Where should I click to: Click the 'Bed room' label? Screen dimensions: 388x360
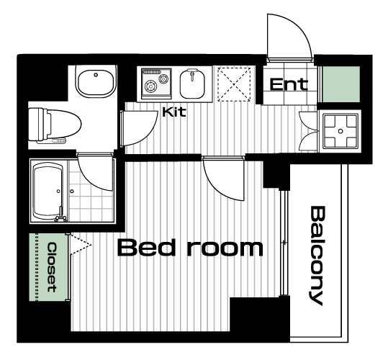[x=190, y=248]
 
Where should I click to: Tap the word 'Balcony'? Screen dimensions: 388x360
[x=317, y=256]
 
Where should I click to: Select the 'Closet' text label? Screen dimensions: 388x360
[x=52, y=267]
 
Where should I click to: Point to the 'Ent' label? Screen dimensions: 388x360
[x=289, y=84]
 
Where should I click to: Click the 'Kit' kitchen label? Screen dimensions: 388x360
[x=174, y=112]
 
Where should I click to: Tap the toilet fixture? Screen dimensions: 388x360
[x=55, y=125]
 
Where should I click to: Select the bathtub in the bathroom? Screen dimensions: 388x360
[x=48, y=191]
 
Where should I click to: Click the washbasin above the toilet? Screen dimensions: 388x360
[x=96, y=81]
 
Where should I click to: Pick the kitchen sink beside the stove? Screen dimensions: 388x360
[x=192, y=84]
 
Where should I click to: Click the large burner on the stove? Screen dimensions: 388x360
[x=150, y=86]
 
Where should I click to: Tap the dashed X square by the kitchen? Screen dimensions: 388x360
[x=234, y=84]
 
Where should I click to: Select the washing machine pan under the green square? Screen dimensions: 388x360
[x=340, y=131]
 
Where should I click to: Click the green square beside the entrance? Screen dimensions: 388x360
[x=341, y=84]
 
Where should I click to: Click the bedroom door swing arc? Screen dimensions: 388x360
[x=217, y=186]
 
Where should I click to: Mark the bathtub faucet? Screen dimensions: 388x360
[x=60, y=215]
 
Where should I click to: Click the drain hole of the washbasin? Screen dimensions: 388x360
[x=96, y=74]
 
